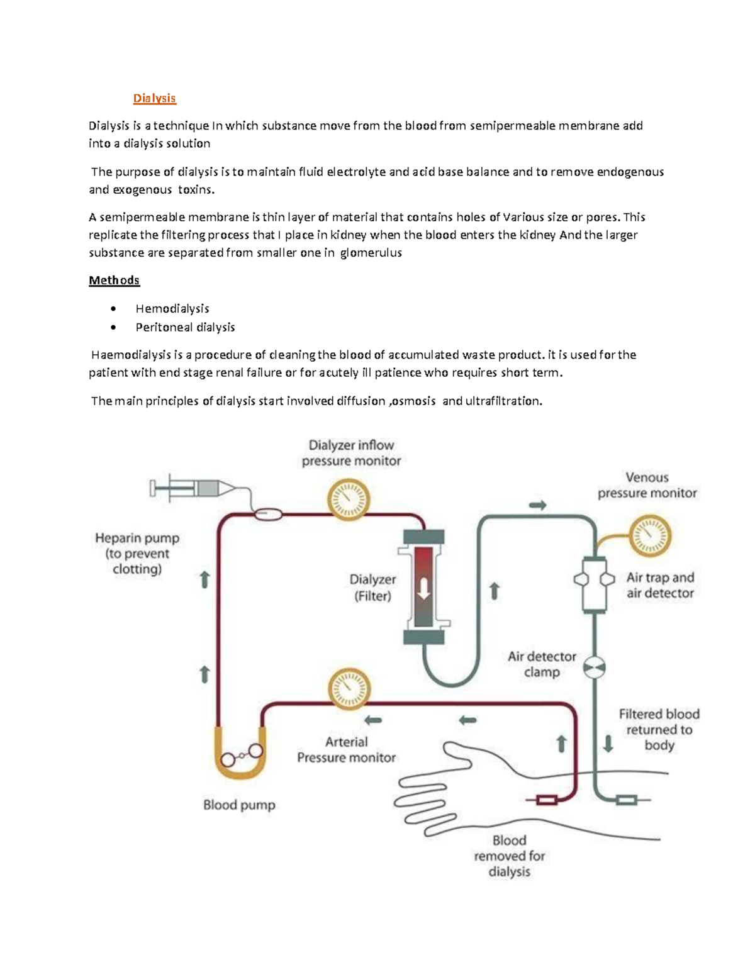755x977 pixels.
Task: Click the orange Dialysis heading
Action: [154, 98]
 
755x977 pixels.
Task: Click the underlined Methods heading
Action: [114, 280]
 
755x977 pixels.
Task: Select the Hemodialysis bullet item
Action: [172, 308]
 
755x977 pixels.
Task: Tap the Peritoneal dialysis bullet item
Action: [185, 327]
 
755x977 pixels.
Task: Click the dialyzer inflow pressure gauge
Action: [349, 500]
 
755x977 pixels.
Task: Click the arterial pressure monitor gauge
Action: [350, 689]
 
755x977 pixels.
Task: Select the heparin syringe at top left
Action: [192, 488]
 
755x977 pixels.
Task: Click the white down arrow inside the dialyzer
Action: [424, 588]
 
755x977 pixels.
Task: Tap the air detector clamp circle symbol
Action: [595, 667]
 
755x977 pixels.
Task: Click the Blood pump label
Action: [239, 805]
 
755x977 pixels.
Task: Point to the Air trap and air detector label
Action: [660, 585]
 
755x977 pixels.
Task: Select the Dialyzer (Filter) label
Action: [372, 587]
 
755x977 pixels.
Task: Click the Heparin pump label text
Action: [137, 553]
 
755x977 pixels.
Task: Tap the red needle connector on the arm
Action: [546, 800]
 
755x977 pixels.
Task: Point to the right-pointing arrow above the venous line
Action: [537, 505]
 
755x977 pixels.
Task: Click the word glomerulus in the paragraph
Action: [371, 253]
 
